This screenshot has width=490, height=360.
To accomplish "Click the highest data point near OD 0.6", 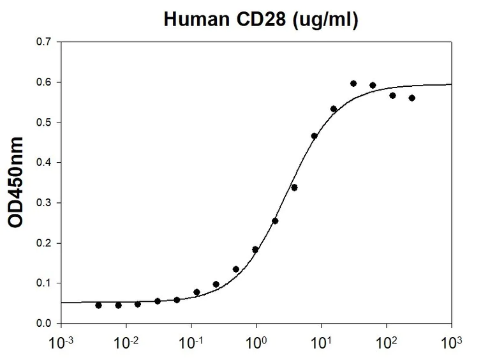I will pos(353,84).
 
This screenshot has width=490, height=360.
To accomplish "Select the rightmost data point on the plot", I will pos(412,98).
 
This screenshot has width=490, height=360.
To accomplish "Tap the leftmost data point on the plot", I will pos(98,305).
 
